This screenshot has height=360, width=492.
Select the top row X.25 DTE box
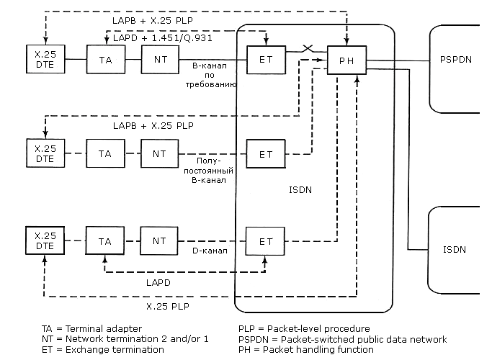45,58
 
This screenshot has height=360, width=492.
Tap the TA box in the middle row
105,153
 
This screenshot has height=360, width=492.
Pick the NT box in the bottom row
159,240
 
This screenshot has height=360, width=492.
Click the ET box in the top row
266,58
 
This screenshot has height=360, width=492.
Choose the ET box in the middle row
266,153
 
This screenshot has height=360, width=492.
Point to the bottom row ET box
266,240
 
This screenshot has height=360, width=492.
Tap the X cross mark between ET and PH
308,48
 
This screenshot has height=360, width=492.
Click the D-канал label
210,251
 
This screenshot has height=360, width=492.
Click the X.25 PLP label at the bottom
168,306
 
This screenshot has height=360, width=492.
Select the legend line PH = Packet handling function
306,350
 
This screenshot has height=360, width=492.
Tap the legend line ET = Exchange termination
103,350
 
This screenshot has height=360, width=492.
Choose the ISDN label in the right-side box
455,250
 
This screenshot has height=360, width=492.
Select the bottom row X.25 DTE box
45,240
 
